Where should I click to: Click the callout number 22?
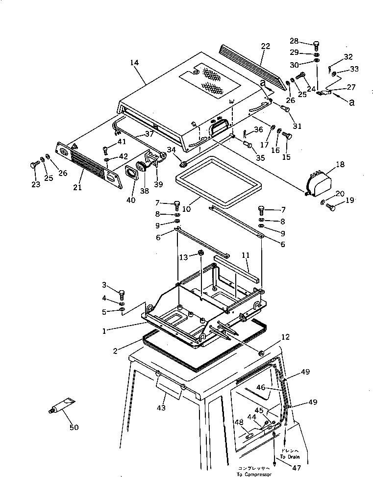265,47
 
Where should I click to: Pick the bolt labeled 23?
34,165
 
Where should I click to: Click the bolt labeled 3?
121,295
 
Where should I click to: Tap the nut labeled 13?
201,253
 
